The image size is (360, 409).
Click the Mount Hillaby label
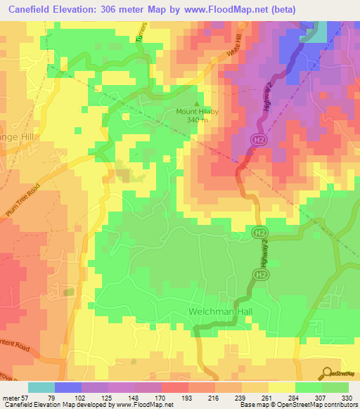196,110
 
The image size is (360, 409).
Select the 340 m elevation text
197,119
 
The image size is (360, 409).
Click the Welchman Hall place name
216,311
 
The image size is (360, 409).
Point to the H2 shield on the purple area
258,141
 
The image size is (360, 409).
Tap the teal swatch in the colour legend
41,387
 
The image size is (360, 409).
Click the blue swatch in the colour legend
68,387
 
